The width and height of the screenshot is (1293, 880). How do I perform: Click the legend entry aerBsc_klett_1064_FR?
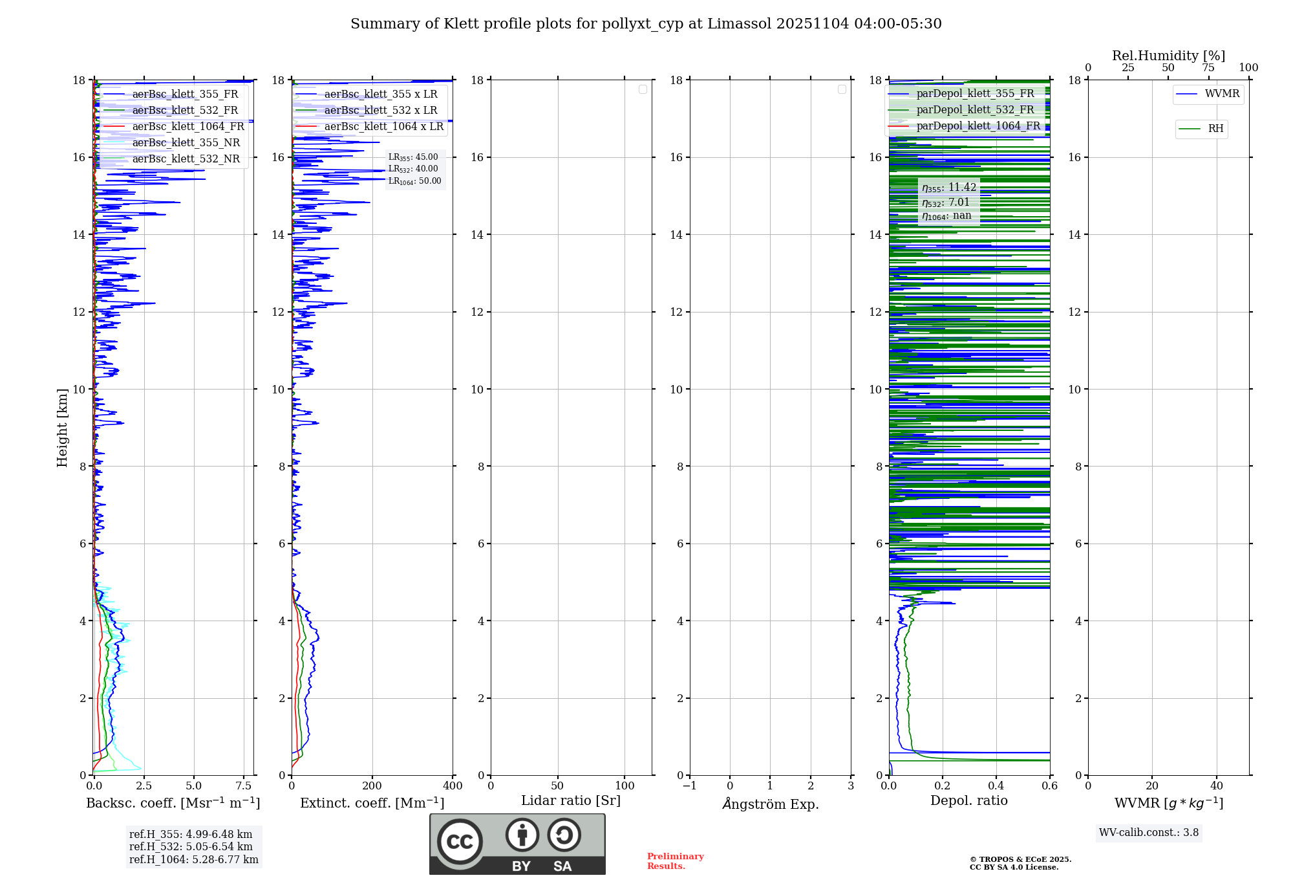tap(187, 127)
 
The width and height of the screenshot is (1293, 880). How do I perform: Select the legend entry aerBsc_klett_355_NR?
tap(186, 143)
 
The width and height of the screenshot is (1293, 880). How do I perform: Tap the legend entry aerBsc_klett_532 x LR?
tap(380, 111)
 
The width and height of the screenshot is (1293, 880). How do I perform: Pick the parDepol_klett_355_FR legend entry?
tap(974, 94)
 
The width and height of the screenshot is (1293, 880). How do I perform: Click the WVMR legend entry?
tap(1221, 94)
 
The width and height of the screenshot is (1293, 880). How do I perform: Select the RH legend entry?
tap(1215, 129)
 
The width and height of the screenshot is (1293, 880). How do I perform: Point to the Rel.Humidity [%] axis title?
tap(1168, 56)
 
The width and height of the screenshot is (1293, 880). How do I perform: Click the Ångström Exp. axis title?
tap(770, 804)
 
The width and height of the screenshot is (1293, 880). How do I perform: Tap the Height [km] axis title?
tap(62, 428)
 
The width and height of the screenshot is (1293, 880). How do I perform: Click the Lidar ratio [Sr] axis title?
tap(571, 801)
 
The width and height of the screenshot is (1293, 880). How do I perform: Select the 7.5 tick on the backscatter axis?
tap(244, 786)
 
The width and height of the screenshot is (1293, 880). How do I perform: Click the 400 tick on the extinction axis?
tap(453, 786)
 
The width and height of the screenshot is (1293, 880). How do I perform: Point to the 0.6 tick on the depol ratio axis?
tap(1049, 786)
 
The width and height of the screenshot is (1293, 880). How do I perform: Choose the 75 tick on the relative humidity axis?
tap(1208, 68)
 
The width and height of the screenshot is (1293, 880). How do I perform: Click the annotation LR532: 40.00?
tap(413, 169)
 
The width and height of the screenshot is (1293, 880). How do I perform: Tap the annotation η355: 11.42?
tap(948, 188)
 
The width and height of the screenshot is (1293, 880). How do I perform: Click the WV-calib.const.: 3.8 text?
tap(1149, 833)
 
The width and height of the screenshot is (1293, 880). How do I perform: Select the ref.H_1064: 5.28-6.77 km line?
tap(193, 860)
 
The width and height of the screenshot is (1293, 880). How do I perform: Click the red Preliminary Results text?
tap(675, 861)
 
